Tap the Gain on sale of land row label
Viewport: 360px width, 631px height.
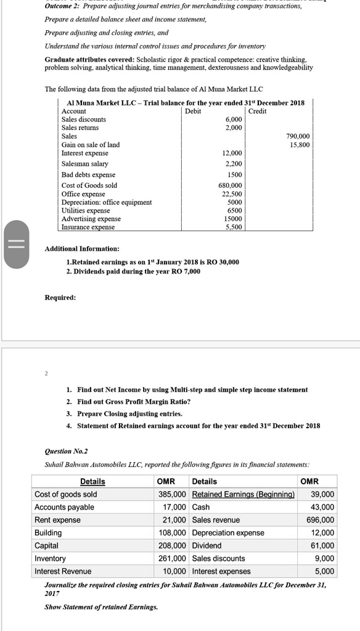(x=91, y=145)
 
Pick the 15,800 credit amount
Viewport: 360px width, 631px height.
(x=300, y=145)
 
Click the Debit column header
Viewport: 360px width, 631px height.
(x=193, y=111)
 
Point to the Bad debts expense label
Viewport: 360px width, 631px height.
(x=88, y=174)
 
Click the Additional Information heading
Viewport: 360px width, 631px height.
(x=82, y=248)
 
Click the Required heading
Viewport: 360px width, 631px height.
(x=60, y=298)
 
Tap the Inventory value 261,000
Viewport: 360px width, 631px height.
(x=173, y=558)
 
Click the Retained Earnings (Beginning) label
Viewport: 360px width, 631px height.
(x=243, y=494)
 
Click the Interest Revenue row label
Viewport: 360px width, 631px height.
(x=62, y=571)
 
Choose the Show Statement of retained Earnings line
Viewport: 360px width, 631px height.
(x=101, y=607)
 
